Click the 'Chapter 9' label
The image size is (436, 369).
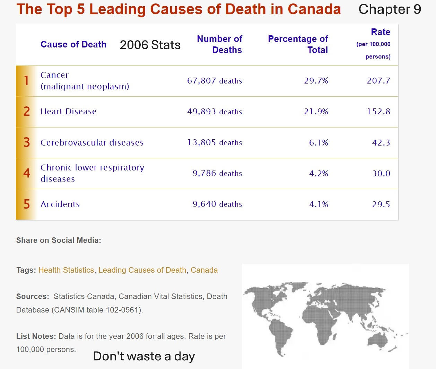coord(390,9)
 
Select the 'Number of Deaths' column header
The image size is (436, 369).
coord(220,44)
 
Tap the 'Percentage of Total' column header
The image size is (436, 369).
coord(298,44)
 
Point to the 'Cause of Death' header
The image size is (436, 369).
coord(73,44)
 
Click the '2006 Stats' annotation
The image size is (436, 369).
coord(150,45)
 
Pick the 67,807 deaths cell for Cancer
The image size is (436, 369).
coord(215,81)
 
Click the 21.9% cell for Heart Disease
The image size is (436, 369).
coord(316,112)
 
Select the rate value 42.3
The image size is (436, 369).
coord(381,142)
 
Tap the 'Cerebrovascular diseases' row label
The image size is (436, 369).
coord(92,142)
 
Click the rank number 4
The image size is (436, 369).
coord(27,173)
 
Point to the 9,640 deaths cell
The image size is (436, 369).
coord(217,204)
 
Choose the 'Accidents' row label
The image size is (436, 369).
coord(60,204)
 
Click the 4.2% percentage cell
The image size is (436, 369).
coord(319,173)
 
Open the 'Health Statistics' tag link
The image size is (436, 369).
coord(66,270)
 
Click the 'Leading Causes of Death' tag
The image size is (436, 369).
coord(142,270)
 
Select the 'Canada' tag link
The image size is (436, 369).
coord(204,270)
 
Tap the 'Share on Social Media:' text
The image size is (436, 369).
coord(59,240)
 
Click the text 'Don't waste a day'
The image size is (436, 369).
coord(144,356)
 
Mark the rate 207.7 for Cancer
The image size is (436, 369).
coord(378,81)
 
